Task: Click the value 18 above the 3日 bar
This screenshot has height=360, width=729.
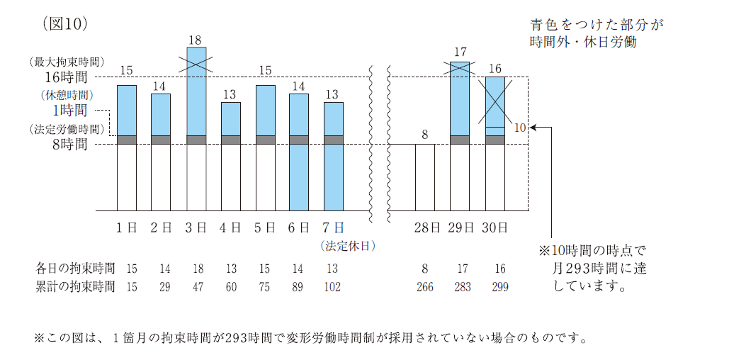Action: (196, 40)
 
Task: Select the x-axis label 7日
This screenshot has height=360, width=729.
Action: (333, 227)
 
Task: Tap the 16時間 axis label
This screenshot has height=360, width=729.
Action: (67, 77)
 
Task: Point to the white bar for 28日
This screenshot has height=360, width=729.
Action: (424, 177)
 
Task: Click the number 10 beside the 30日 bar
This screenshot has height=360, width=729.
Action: (520, 128)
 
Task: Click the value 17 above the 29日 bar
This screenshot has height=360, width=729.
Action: (460, 52)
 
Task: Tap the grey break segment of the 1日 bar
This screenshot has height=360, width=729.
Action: (127, 140)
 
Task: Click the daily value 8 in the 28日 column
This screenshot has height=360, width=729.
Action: (424, 269)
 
